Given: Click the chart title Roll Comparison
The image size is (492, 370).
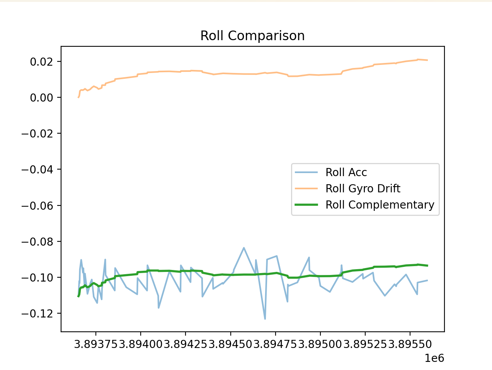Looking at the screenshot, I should [x=252, y=36].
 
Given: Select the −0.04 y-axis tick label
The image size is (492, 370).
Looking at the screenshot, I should [x=39, y=170].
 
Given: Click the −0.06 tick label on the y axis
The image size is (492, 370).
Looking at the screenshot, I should [x=39, y=205].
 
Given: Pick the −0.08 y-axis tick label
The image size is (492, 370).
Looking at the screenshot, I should [x=39, y=242].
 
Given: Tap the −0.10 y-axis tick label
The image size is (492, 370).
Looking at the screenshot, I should [x=39, y=278].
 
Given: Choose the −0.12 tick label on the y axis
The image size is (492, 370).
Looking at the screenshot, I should [x=39, y=313].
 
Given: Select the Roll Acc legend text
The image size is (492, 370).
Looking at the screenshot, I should [x=346, y=172].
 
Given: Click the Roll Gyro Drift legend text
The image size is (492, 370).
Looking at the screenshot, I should [x=363, y=188].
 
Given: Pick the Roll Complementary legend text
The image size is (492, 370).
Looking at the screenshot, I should [x=380, y=205].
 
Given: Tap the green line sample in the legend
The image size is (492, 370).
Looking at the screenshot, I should [x=306, y=205].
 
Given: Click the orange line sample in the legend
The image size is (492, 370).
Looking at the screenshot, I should [x=306, y=188].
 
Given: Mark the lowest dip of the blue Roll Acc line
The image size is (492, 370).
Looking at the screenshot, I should [x=265, y=319].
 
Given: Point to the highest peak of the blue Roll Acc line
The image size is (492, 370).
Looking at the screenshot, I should [x=244, y=248].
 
